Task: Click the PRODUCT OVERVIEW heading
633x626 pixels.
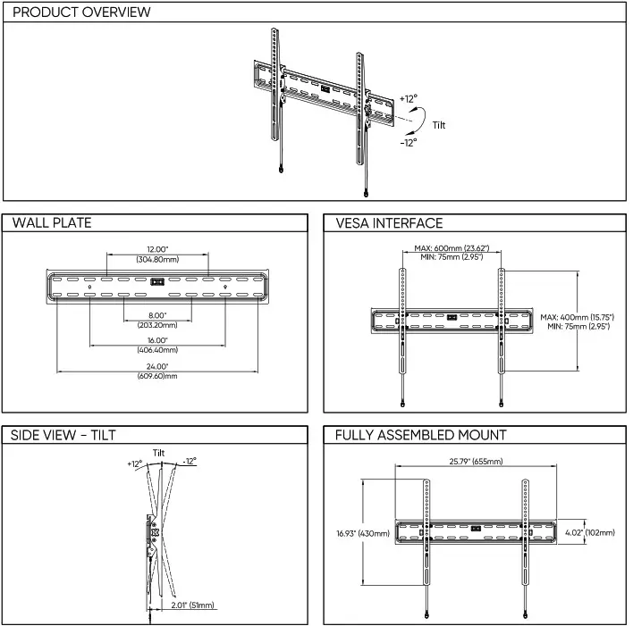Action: coord(81,13)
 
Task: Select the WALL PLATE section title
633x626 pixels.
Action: coord(52,222)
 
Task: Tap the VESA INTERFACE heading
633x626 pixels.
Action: coord(389,222)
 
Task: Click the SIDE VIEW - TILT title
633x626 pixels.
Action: coord(63,435)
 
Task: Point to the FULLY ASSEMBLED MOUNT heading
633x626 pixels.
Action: coord(420,435)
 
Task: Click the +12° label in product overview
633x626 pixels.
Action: coord(408,99)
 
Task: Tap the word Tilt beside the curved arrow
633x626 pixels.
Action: coord(438,125)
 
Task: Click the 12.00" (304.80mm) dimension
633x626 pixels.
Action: coord(157,254)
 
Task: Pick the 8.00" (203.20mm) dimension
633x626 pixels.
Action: coord(157,320)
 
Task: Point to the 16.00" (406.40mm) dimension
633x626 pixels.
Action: coord(157,345)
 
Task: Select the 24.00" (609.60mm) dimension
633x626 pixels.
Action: coord(157,371)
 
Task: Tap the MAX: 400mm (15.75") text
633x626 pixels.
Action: coord(577,317)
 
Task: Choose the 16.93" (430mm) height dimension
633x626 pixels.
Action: coord(362,533)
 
